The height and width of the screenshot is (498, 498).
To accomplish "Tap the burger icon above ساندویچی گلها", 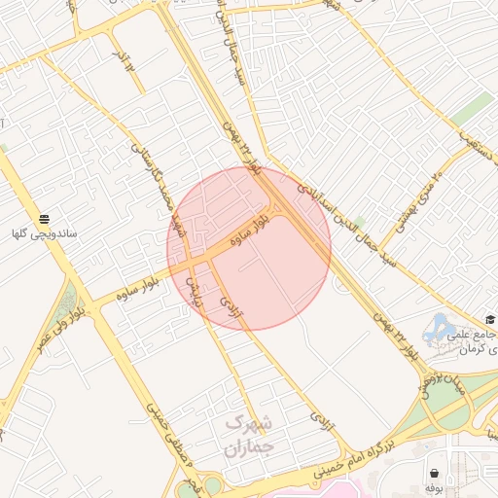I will [44, 218].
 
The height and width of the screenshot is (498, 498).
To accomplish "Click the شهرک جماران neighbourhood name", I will [249, 436].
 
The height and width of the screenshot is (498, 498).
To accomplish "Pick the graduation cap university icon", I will [490, 319].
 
